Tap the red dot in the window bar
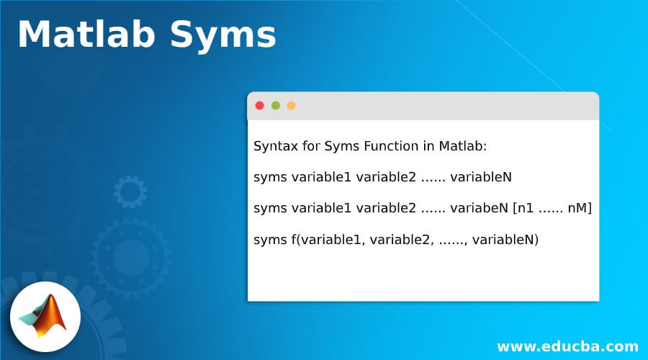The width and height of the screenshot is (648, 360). point(260,106)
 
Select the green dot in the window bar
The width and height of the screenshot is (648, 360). point(276,106)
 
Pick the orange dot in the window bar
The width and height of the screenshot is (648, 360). point(291,106)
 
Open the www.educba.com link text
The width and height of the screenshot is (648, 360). point(567,346)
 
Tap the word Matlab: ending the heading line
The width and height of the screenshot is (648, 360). point(462,146)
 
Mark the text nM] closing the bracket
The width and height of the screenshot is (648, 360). point(580,208)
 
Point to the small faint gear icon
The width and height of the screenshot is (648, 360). point(130,192)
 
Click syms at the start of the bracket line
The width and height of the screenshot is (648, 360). point(270,208)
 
